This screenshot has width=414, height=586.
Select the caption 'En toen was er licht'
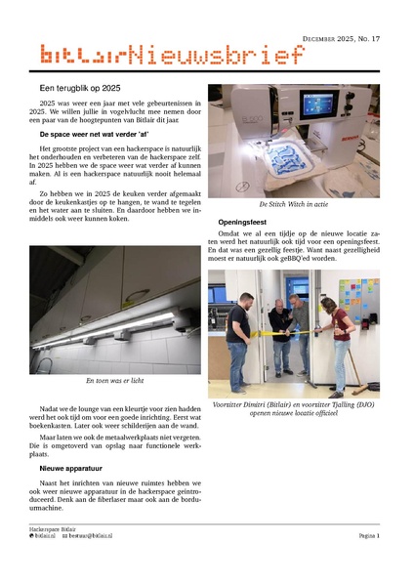[115, 381]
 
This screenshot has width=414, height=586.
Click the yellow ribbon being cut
[283, 332]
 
